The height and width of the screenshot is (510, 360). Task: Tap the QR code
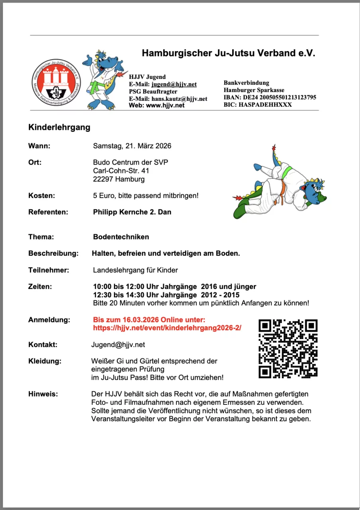pyautogui.click(x=288, y=349)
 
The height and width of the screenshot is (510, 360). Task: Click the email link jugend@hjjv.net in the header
pyautogui.click(x=174, y=84)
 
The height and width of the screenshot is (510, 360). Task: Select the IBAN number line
pyautogui.click(x=270, y=97)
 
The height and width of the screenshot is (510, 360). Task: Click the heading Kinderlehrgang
pyautogui.click(x=59, y=127)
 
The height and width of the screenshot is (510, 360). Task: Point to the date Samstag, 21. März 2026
pyautogui.click(x=132, y=146)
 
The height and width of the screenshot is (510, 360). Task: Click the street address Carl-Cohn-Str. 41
pyautogui.click(x=121, y=171)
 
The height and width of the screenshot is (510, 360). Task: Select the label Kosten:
pyautogui.click(x=41, y=196)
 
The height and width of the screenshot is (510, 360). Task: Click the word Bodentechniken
pyautogui.click(x=121, y=237)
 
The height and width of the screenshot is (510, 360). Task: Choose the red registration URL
pyautogui.click(x=167, y=328)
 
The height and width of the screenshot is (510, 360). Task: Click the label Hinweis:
pyautogui.click(x=43, y=394)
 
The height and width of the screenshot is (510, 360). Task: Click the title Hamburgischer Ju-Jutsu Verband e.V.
pyautogui.click(x=229, y=53)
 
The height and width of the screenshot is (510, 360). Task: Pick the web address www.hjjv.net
pyautogui.click(x=165, y=106)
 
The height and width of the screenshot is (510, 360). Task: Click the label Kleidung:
pyautogui.click(x=45, y=361)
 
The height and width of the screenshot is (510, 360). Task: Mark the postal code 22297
pyautogui.click(x=103, y=179)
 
